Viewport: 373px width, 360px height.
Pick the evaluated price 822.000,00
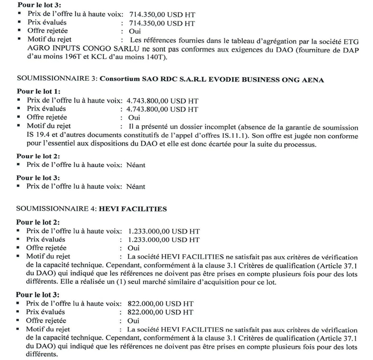[x=145, y=312]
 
